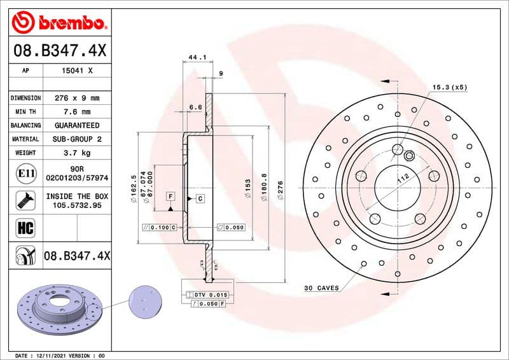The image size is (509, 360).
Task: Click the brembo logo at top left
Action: pos(59,24)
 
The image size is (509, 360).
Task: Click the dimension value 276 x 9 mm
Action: pos(76,98)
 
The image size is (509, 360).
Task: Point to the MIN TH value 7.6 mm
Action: pos(76,112)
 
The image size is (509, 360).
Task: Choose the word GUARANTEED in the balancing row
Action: pos(76,125)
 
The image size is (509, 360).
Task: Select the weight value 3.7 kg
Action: pos(76,153)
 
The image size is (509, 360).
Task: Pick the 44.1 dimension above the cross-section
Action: pos(199,58)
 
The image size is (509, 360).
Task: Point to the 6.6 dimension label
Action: pos(195,107)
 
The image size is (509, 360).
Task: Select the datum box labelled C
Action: pos(200,198)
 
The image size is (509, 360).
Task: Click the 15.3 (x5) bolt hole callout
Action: pos(450,87)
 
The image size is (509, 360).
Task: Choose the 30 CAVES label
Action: pos(321,288)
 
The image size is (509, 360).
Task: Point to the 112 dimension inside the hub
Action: pos(402,180)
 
